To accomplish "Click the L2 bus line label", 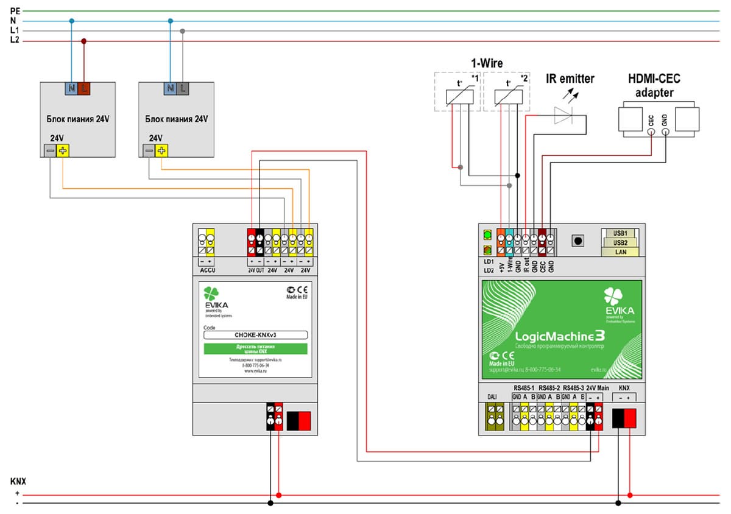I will (x=15, y=40).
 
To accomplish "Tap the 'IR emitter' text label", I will (x=570, y=79).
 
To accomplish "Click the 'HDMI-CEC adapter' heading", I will (x=654, y=85).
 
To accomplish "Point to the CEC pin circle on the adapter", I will (x=651, y=131).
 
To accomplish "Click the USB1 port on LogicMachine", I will (x=620, y=233).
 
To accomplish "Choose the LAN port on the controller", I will (x=620, y=252).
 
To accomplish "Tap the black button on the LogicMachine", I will (x=577, y=241).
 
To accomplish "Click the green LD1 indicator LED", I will (x=487, y=234).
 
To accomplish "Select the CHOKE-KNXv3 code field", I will (x=255, y=334).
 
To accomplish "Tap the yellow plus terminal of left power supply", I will (x=62, y=150).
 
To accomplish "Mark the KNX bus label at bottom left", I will (x=18, y=481).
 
